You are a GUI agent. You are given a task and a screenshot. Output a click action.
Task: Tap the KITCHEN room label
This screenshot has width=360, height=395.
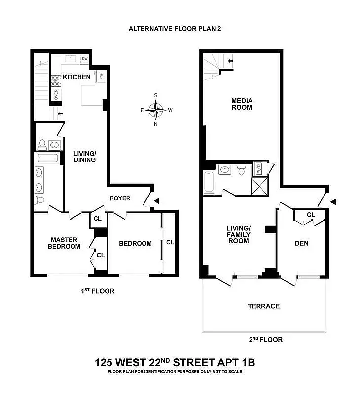click(76, 77)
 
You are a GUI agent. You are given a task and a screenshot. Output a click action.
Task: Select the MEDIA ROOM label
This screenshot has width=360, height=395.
click(242, 104)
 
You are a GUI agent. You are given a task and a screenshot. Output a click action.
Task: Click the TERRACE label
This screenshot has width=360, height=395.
click(263, 306)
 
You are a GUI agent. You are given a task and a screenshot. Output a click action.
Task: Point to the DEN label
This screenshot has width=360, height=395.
click(301, 243)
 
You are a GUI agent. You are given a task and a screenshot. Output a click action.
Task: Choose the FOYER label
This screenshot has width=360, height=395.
click(120, 198)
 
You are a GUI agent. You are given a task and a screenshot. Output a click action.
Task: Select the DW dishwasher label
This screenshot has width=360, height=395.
click(85, 59)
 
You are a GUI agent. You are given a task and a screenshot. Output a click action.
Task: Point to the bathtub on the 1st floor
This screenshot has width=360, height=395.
click(47, 159)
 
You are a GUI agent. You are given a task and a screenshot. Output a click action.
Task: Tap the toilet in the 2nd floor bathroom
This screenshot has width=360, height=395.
click(241, 170)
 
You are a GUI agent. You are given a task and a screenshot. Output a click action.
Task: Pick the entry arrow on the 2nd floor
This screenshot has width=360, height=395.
click(333, 201)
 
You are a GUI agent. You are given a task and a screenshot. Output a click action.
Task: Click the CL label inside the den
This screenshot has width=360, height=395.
click(311, 215)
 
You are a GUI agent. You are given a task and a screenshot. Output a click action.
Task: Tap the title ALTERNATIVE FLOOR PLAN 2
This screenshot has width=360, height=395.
click(175, 29)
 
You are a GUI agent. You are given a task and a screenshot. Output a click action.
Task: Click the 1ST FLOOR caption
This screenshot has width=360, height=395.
click(98, 291)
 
